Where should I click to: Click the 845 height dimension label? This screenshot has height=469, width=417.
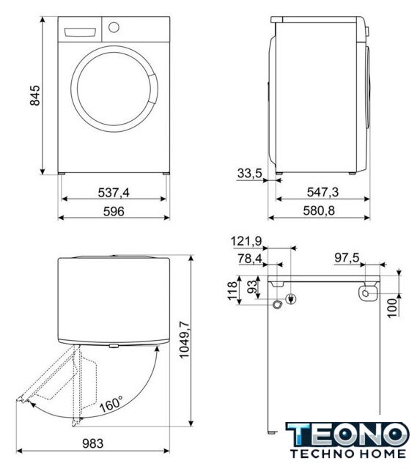[35, 95]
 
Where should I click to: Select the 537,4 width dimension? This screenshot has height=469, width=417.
[114, 193]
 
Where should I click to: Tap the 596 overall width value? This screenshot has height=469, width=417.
[114, 212]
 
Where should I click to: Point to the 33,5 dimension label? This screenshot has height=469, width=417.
[249, 173]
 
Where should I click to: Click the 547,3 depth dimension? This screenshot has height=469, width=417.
[322, 192]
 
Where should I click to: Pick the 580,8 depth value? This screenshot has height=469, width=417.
[319, 211]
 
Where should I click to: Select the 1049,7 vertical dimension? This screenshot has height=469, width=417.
[184, 339]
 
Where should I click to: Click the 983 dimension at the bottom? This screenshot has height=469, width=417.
[93, 443]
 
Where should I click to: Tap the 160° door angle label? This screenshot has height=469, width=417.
[111, 404]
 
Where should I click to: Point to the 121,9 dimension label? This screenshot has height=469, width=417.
[246, 241]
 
